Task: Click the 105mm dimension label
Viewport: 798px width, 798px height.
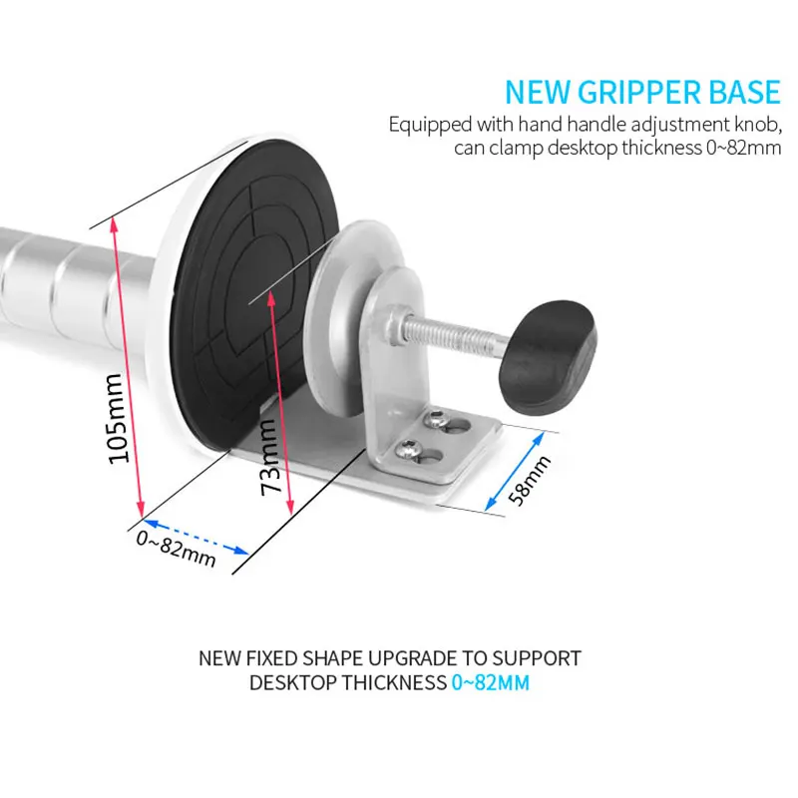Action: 120,418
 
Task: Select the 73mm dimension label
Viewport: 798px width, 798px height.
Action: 269,457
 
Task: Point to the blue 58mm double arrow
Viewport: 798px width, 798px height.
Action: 515,471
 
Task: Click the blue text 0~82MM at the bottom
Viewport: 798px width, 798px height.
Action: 490,682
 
